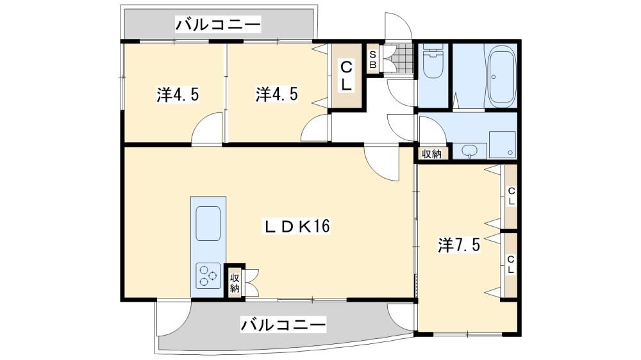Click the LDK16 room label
tap(297, 226)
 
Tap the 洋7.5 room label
tap(459, 245)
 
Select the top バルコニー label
tap(218, 24)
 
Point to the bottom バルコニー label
tap(283, 325)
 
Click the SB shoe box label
tap(373, 59)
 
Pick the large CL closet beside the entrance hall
tap(347, 76)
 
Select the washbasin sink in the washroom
tap(470, 151)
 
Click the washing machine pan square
tap(503, 145)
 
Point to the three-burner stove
tap(208, 275)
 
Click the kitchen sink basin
tap(208, 223)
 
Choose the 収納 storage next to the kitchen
tap(235, 282)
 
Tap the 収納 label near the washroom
tap(431, 154)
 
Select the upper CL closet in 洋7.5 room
tap(511, 196)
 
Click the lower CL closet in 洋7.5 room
tap(511, 265)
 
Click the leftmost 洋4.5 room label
tap(178, 95)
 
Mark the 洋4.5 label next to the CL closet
tap(277, 94)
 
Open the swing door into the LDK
tap(382, 163)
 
